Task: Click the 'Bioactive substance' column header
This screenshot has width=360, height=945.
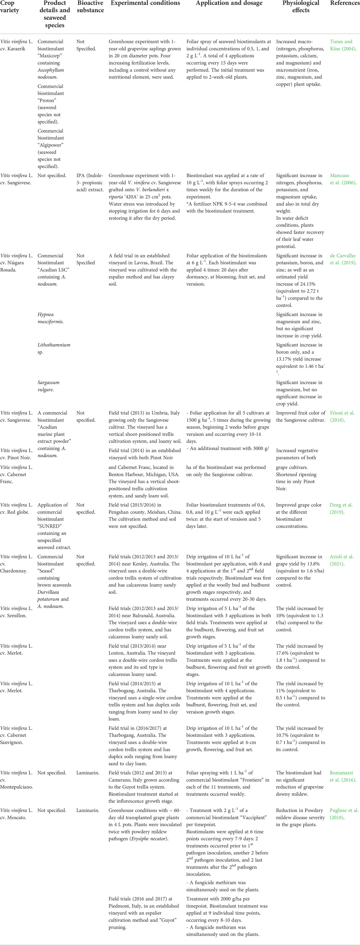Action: click(90, 7)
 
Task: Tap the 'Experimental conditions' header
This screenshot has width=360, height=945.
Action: click(145, 3)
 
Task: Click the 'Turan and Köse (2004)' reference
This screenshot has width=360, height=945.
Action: click(343, 45)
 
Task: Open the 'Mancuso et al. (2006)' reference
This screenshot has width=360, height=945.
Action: click(343, 179)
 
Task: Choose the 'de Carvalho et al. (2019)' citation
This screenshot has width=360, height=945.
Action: click(343, 259)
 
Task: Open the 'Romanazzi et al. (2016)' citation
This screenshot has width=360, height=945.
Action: click(343, 776)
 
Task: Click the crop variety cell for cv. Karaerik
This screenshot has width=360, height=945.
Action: click(17, 45)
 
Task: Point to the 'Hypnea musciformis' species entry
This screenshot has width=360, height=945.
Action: click(51, 318)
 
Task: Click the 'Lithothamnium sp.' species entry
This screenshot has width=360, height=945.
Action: click(54, 349)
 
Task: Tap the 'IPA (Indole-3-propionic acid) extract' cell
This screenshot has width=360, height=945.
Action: click(90, 183)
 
